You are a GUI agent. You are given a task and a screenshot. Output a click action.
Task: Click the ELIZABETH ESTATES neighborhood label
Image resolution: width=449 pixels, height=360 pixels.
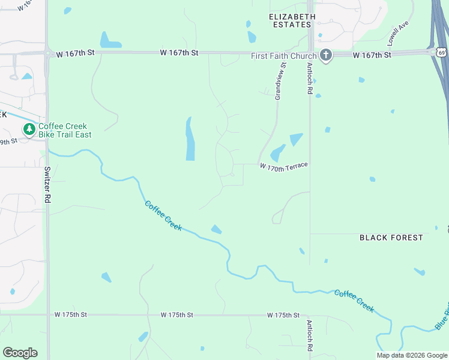pyautogui.click(x=291, y=20)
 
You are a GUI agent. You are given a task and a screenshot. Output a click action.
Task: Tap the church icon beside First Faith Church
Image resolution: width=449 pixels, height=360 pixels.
pyautogui.click(x=326, y=55)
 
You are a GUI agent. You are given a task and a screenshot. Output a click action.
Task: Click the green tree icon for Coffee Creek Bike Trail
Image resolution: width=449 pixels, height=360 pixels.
pyautogui.click(x=29, y=130)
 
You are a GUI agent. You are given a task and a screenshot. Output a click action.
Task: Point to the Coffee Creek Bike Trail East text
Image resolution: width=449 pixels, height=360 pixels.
pyautogui.click(x=65, y=130)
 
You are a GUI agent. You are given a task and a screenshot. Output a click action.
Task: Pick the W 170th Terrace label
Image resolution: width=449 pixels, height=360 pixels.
pyautogui.click(x=284, y=166)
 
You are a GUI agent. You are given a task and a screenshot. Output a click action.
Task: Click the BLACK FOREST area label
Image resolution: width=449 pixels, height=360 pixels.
pyautogui.click(x=391, y=238)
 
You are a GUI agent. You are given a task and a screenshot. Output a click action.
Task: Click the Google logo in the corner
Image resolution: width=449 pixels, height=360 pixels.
pyautogui.click(x=20, y=352)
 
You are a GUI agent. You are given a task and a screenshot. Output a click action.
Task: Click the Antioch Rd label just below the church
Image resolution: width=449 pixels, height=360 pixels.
pyautogui.click(x=310, y=78)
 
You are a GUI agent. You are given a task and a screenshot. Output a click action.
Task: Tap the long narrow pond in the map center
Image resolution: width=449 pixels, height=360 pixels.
pyautogui.click(x=190, y=139)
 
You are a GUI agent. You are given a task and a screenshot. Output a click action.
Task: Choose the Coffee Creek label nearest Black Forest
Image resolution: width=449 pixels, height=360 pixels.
pyautogui.click(x=354, y=301)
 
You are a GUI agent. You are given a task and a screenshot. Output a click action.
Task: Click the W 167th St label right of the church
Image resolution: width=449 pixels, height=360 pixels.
pyautogui.click(x=372, y=55)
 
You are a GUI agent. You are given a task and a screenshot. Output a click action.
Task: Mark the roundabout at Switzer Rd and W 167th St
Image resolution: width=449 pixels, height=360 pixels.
pyautogui.click(x=47, y=53)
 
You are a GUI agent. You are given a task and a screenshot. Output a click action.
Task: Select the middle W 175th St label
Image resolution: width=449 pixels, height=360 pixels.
pyautogui.click(x=176, y=314)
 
